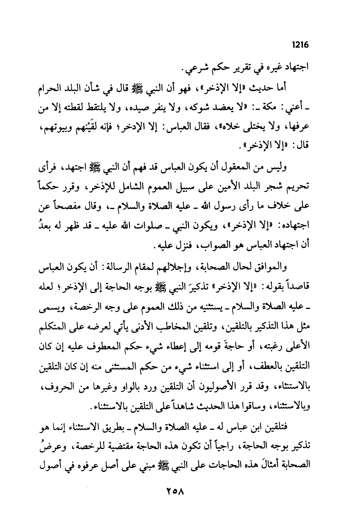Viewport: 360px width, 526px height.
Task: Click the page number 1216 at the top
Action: [300, 45]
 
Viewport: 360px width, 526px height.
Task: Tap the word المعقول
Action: [252, 167]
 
